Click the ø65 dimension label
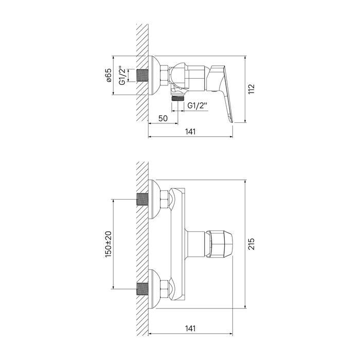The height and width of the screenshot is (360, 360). click(x=109, y=76)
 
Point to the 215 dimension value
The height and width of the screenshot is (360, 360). click(x=251, y=244)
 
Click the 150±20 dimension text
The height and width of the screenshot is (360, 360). click(x=108, y=244)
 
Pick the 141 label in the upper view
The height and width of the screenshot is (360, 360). click(x=190, y=132)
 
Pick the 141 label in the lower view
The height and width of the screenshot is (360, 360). click(x=190, y=328)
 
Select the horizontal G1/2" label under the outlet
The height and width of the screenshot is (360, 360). click(x=197, y=105)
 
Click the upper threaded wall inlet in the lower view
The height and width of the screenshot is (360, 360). click(x=142, y=199)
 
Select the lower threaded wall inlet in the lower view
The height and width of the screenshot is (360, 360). click(x=142, y=289)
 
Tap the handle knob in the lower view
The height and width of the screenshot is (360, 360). click(x=220, y=244)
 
